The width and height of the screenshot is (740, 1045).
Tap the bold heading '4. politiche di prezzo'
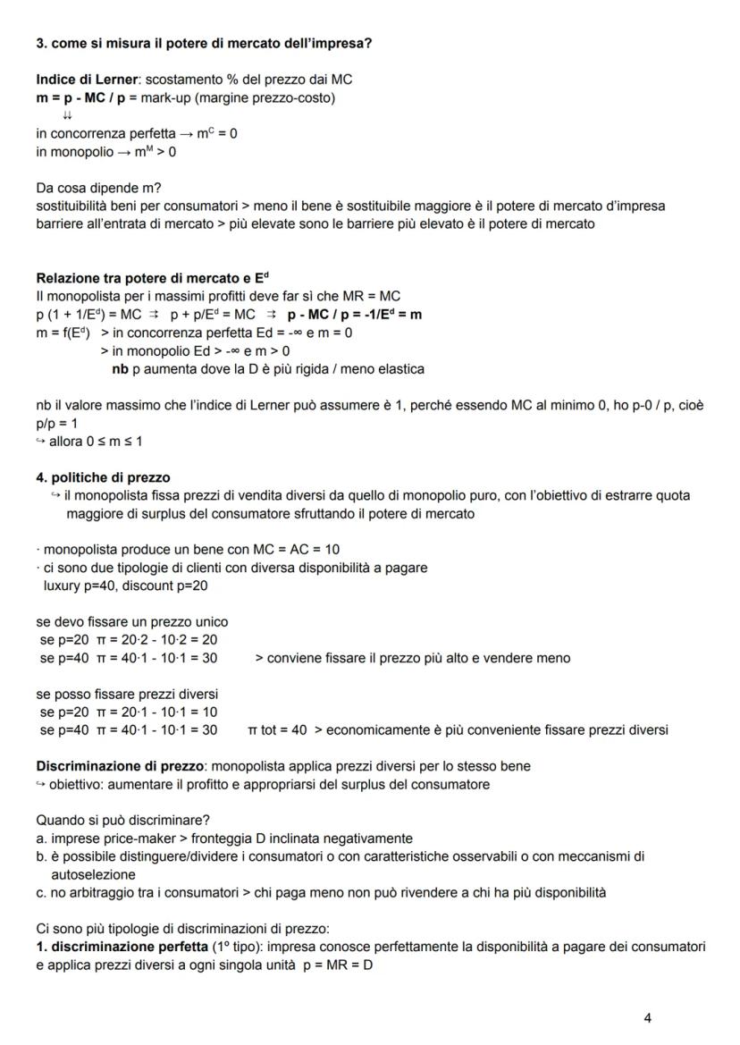tap(103, 477)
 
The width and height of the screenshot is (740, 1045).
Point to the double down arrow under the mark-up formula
tap(68, 115)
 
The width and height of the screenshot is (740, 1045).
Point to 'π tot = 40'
tap(277, 729)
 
